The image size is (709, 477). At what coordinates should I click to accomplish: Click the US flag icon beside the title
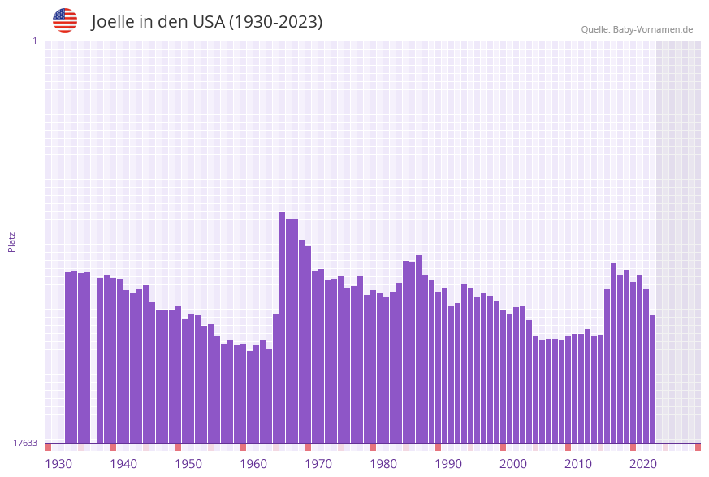click(65, 20)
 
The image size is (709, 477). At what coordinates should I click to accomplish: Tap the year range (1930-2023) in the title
click(275, 22)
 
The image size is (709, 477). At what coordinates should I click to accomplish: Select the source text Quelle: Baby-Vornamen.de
click(637, 29)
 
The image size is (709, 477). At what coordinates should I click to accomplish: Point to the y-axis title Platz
click(12, 241)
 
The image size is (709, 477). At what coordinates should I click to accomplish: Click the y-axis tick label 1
click(34, 41)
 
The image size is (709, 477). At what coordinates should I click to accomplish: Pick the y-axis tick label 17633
click(25, 443)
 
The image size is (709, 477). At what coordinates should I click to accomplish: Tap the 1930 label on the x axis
click(58, 464)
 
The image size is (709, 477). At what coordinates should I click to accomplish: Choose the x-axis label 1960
click(253, 464)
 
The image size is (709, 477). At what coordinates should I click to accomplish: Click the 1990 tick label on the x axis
click(448, 464)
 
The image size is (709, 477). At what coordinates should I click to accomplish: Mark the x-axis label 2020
click(643, 464)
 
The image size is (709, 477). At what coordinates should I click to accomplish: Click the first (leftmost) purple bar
click(67, 358)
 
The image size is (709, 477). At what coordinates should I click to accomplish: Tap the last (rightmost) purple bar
click(652, 379)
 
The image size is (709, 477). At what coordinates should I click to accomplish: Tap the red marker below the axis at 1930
click(48, 447)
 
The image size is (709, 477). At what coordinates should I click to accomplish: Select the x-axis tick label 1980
click(383, 464)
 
